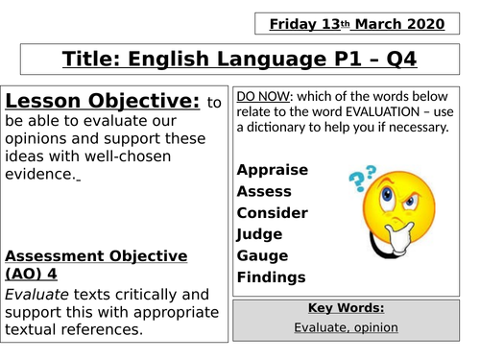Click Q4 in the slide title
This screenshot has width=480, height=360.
pyautogui.click(x=403, y=60)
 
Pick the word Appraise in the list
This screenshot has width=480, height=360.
pyautogui.click(x=273, y=170)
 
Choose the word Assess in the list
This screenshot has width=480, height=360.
pyautogui.click(x=264, y=191)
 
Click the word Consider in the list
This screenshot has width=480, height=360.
pyautogui.click(x=272, y=212)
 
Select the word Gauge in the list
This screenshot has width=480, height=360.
pyautogui.click(x=261, y=255)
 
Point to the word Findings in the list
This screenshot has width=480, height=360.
pyautogui.click(x=271, y=277)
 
